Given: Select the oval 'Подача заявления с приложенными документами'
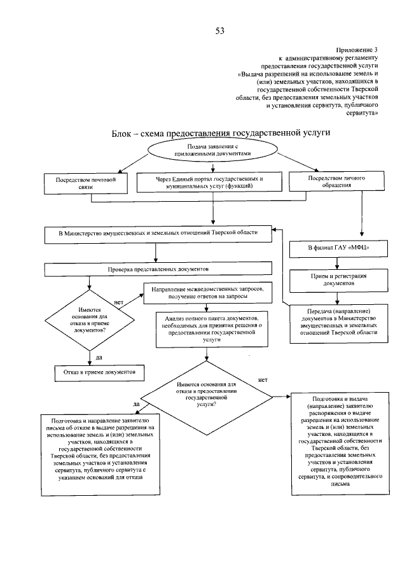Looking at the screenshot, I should pos(210,150).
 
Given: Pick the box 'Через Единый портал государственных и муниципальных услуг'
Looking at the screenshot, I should pos(209,183).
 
